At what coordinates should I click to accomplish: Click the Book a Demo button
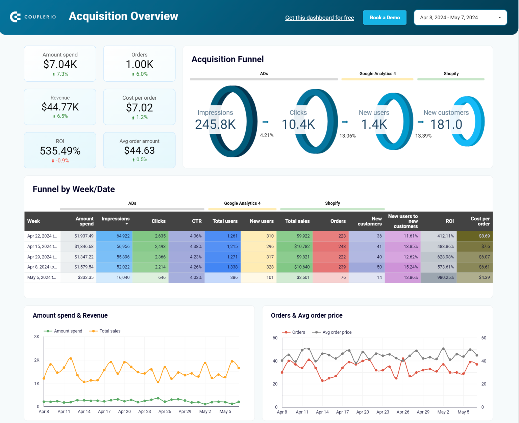coord(385,18)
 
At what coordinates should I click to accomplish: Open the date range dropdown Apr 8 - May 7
coord(460,18)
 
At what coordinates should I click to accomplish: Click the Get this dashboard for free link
coord(319,18)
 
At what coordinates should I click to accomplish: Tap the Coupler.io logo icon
coord(15,17)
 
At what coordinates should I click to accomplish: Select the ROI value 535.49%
coord(60,151)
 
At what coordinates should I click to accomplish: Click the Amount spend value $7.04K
coord(60,64)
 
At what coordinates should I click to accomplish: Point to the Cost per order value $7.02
coord(139,108)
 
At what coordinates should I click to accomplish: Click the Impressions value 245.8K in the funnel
coord(215,124)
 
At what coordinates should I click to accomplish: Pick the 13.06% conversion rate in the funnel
coord(347,136)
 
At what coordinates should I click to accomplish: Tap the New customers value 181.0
coord(446,124)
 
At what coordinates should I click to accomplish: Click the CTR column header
coord(197,221)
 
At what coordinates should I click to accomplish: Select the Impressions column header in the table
coord(116,219)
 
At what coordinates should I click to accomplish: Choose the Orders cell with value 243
coord(342,246)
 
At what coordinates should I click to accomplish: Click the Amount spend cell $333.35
coord(85,277)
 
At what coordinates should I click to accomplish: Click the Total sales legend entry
coord(109,331)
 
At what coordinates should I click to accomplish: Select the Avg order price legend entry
coord(337,332)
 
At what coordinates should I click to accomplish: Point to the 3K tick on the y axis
coord(37,337)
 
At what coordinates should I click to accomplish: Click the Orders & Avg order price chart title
coord(306,316)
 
